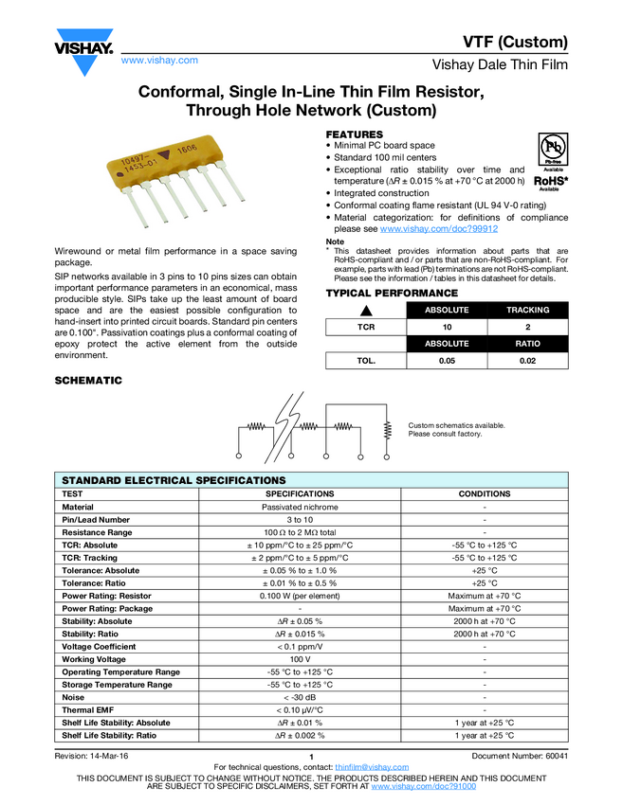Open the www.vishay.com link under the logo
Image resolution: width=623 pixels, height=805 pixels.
(159, 61)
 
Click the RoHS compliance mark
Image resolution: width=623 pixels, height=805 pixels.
(550, 181)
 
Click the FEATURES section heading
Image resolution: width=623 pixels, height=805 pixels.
(355, 134)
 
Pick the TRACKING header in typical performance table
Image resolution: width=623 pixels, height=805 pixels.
(528, 310)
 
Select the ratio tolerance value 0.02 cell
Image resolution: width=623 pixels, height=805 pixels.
(528, 361)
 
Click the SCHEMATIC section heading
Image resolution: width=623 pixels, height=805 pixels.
(88, 380)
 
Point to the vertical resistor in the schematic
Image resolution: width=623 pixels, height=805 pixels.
(388, 431)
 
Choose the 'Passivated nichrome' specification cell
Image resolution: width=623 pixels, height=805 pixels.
(300, 507)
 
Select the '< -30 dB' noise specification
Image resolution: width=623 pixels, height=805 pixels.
(300, 697)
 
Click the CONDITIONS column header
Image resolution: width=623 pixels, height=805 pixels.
(485, 493)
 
